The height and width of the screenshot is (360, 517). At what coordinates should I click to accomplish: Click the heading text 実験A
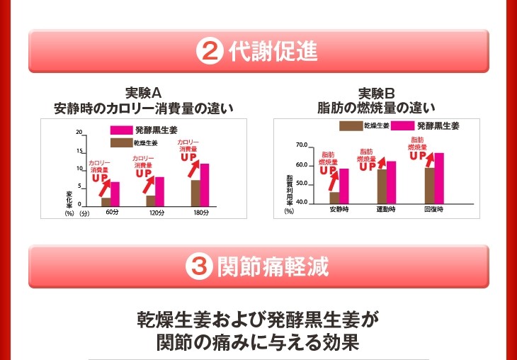144,93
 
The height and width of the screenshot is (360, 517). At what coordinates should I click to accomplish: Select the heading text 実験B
375,93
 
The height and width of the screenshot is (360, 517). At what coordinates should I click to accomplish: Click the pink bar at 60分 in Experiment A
115,193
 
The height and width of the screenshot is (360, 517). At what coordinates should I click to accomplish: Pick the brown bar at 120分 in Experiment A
150,200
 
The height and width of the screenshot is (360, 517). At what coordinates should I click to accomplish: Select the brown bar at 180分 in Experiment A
195,192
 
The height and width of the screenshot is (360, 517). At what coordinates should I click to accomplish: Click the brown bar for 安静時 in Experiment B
334,197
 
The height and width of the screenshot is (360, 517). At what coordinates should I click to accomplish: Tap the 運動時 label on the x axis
386,210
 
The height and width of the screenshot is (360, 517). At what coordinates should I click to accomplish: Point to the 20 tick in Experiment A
80,133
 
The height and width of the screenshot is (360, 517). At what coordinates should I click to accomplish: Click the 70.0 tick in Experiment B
302,145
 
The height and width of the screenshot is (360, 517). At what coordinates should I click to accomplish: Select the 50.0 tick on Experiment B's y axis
302,184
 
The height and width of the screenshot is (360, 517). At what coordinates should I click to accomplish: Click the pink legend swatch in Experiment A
121,130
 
